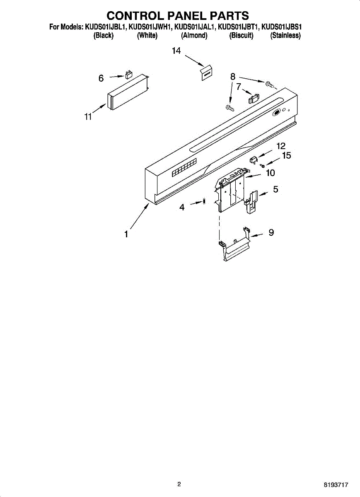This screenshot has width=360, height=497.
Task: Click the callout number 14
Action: tap(176, 51)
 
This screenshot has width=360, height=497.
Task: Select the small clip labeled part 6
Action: tap(128, 75)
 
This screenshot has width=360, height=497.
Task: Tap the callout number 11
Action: tap(88, 117)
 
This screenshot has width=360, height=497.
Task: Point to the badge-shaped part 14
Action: tap(206, 73)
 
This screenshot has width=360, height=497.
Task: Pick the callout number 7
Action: tap(239, 87)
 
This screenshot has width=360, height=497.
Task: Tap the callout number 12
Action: tap(281, 146)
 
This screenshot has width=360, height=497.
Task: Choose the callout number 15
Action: tap(286, 156)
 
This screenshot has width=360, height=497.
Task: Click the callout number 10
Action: tap(270, 173)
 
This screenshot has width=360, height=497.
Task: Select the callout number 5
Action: tap(275, 190)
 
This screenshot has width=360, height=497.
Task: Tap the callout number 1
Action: tap(126, 234)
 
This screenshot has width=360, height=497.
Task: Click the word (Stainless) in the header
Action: tap(285, 36)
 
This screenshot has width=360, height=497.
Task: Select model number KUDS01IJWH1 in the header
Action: tap(150, 27)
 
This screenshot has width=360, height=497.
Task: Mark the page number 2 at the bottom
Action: tap(179, 484)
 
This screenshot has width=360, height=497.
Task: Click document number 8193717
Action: tap(336, 485)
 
